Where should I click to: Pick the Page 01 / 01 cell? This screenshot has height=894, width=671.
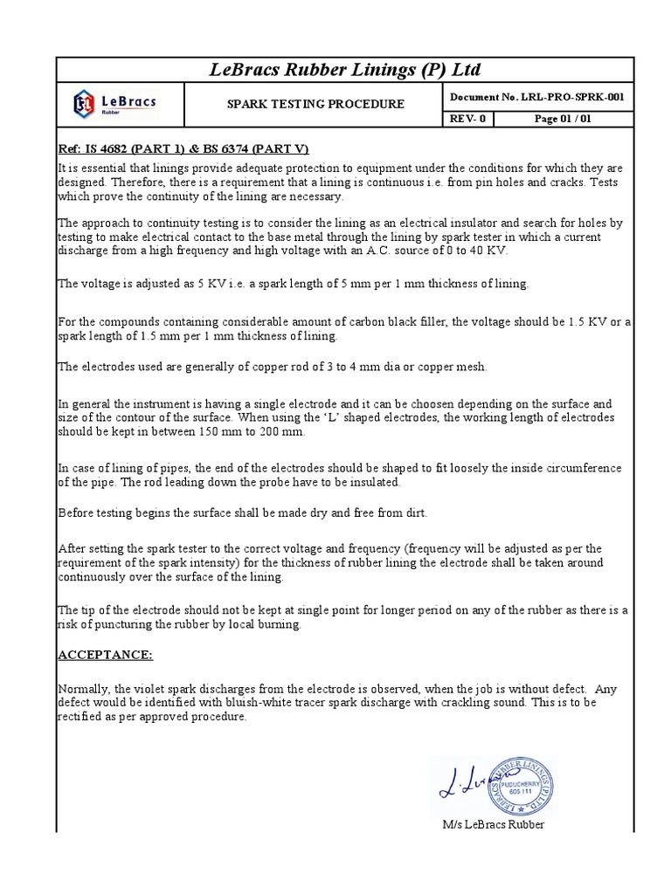click(564, 120)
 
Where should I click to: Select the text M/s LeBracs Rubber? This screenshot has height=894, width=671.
click(494, 825)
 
